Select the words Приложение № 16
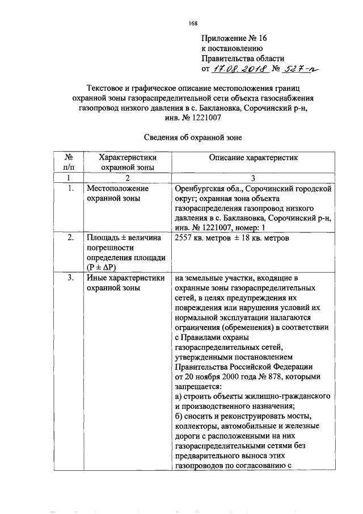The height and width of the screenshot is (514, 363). (233, 38)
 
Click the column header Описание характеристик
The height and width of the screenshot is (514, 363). (252, 157)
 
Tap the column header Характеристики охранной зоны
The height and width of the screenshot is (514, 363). (128, 162)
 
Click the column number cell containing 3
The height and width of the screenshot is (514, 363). (252, 178)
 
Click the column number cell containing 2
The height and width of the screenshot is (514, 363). (127, 178)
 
